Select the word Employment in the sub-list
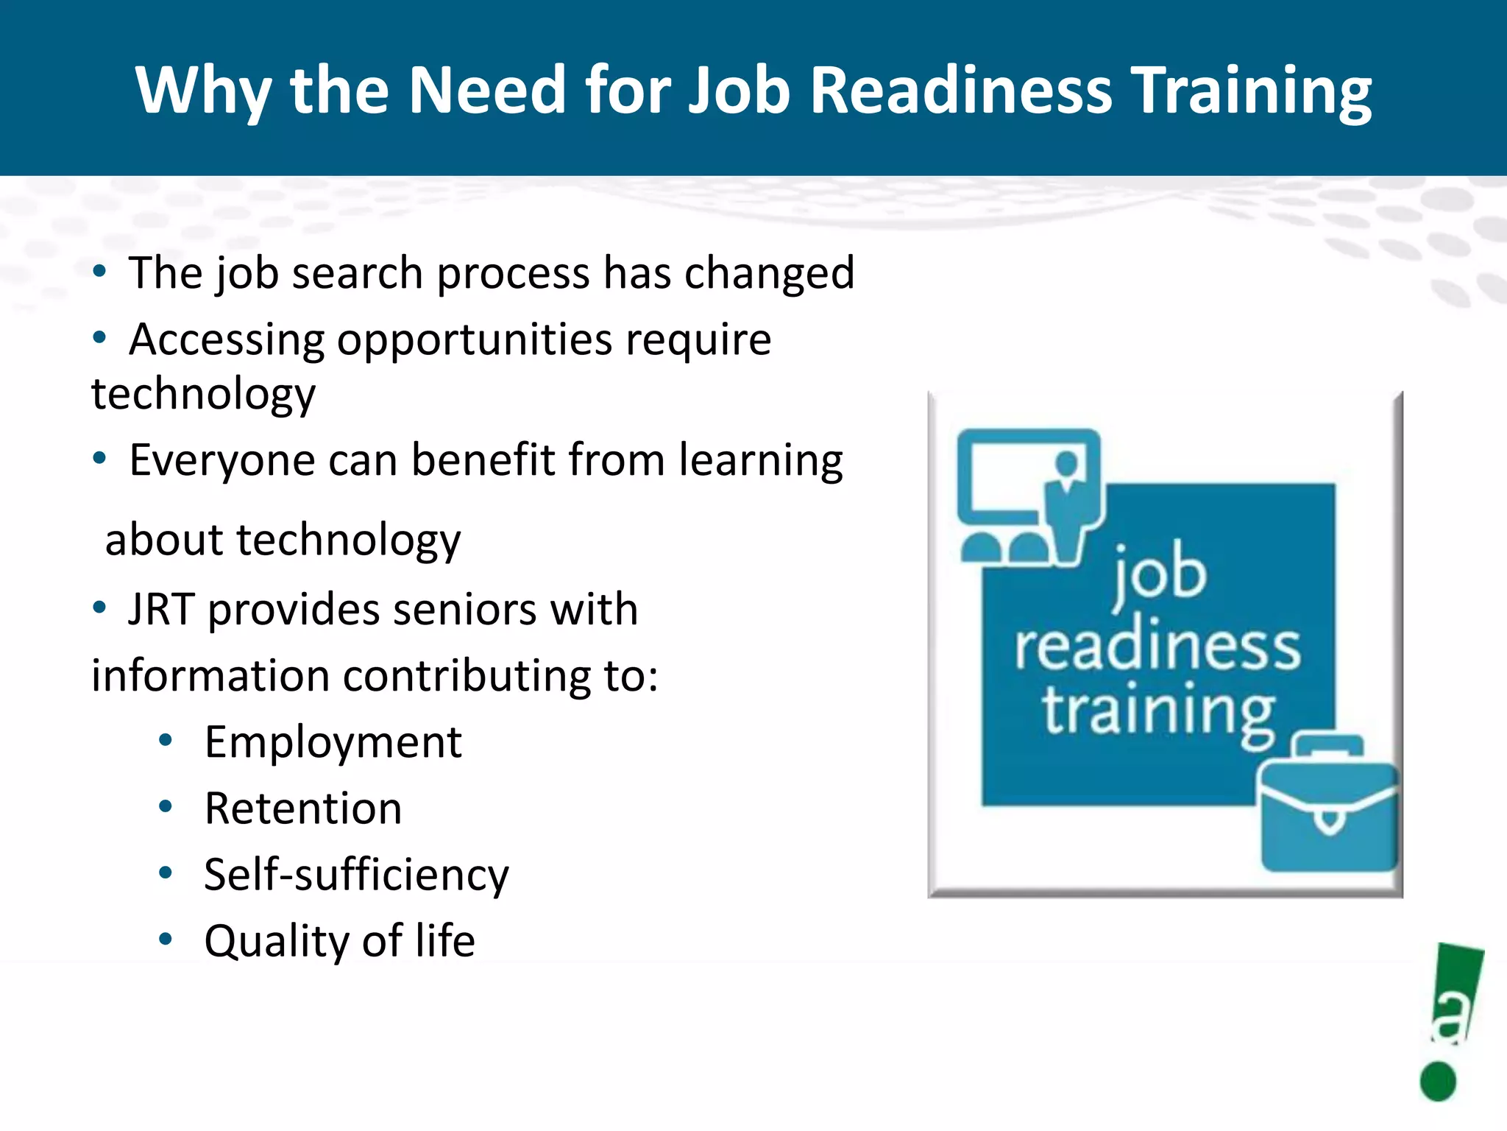(333, 742)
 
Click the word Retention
(303, 808)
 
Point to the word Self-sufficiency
(356, 875)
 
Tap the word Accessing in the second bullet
(227, 340)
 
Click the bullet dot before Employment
(166, 740)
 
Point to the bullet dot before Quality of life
(166, 939)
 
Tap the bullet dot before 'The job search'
(99, 271)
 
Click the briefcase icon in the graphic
(1328, 806)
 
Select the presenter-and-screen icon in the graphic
(1030, 497)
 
